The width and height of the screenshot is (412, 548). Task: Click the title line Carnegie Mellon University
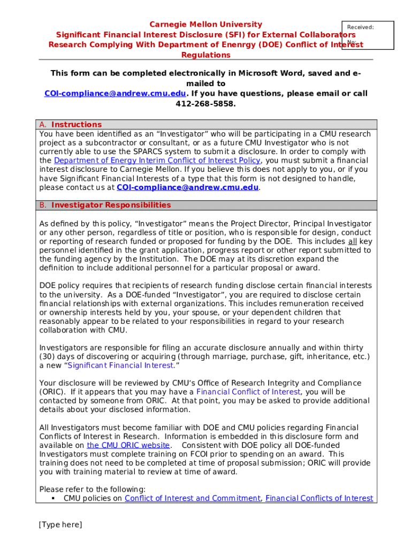(x=205, y=24)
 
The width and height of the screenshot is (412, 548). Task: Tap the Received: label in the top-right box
(x=360, y=27)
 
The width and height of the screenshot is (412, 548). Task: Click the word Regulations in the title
(x=205, y=55)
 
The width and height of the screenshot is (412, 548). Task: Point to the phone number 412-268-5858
(x=205, y=103)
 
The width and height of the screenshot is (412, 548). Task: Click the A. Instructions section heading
(x=70, y=125)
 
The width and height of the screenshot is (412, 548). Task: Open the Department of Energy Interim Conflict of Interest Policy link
(x=157, y=161)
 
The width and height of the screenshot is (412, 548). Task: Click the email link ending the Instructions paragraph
(x=187, y=187)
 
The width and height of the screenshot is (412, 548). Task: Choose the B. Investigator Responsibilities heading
(x=105, y=205)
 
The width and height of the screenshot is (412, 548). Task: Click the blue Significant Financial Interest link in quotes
(x=121, y=366)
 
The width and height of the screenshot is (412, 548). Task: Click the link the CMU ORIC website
(x=128, y=445)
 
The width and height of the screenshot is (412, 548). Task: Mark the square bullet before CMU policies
(x=54, y=498)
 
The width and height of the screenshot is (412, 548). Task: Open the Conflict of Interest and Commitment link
(x=192, y=498)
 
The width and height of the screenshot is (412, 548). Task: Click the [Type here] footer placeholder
(x=60, y=525)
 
